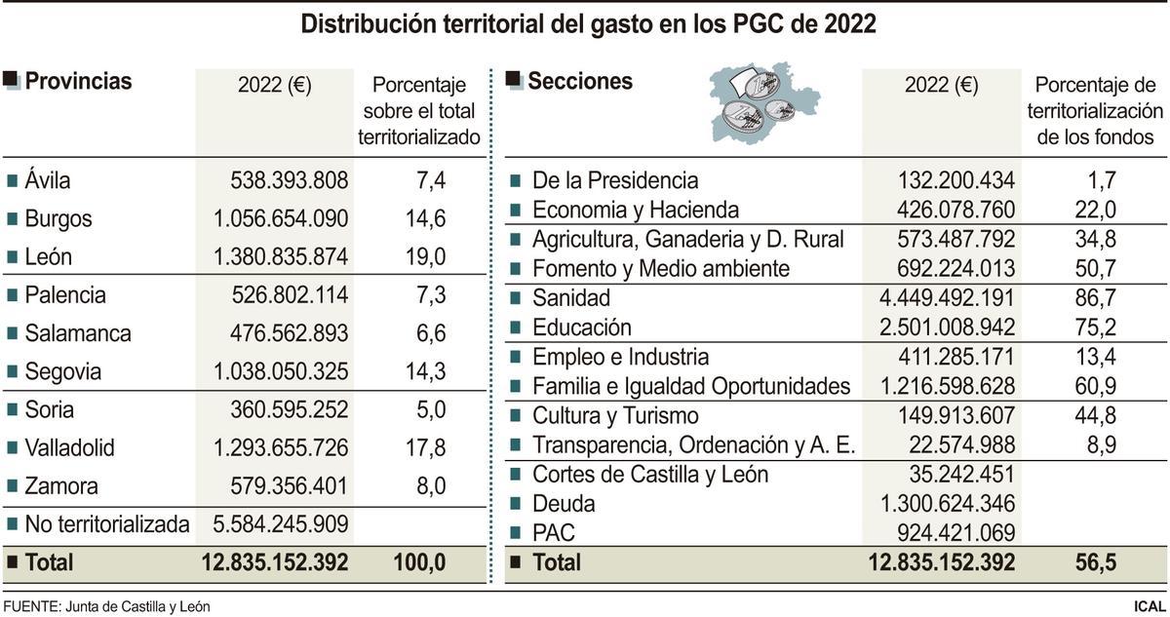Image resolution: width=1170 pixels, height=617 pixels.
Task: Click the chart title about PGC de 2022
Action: click(x=588, y=24)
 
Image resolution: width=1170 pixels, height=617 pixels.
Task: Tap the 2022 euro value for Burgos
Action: click(x=280, y=218)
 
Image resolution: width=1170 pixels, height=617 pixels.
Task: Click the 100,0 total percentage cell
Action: click(x=419, y=562)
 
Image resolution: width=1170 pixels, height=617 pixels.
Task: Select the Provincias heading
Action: click(x=78, y=82)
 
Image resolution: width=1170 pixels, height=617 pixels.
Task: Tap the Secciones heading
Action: click(x=579, y=82)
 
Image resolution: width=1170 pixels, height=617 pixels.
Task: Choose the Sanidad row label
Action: click(x=571, y=298)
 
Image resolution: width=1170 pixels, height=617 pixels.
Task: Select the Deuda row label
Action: click(x=564, y=504)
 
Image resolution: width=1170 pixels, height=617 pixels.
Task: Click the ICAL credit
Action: click(x=1149, y=606)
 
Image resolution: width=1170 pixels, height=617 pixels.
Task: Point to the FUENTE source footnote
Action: click(x=107, y=606)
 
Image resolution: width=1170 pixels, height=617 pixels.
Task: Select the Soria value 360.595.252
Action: click(x=289, y=410)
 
